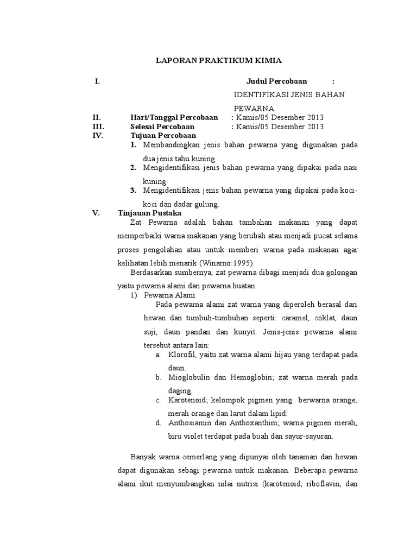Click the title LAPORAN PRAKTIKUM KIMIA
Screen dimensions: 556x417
point(219,60)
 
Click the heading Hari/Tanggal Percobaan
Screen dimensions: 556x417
point(174,117)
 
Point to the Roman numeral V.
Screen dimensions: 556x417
point(96,213)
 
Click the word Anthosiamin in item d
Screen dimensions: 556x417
point(189,423)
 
